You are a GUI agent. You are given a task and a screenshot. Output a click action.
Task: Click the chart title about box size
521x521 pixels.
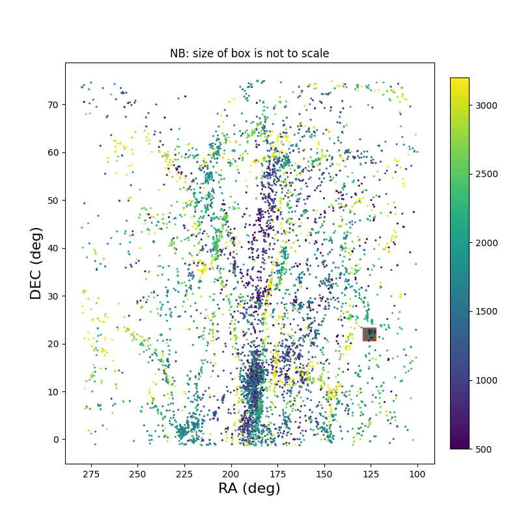pos(249,53)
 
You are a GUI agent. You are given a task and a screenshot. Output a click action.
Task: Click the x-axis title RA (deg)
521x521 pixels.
pos(249,488)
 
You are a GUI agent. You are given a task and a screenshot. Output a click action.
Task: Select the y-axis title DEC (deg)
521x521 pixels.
pos(36,263)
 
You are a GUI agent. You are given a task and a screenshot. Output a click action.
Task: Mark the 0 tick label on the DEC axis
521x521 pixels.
pos(56,440)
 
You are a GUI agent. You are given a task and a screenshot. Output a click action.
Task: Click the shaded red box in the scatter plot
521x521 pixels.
pos(370,334)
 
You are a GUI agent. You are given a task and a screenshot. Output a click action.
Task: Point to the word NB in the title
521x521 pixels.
pos(178,53)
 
